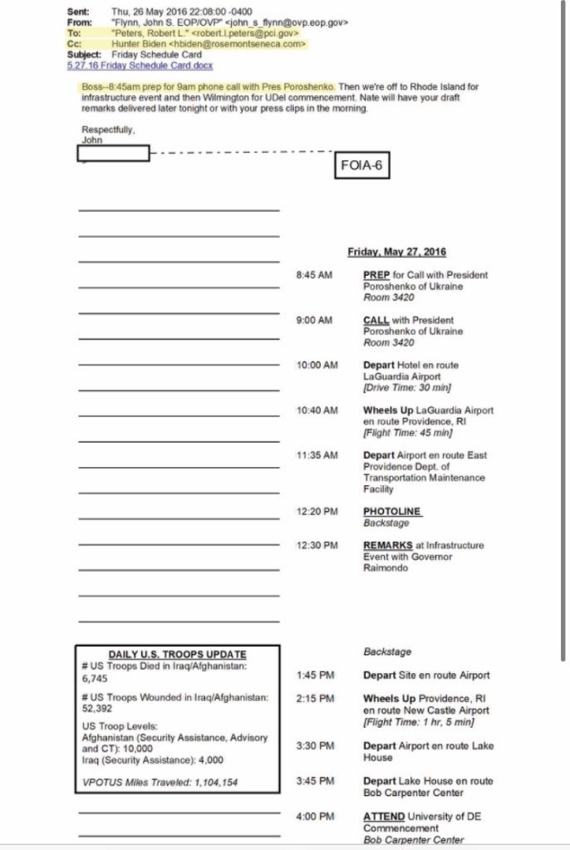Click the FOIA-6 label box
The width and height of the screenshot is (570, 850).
tap(361, 165)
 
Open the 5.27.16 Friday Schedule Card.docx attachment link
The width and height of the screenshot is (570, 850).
tap(140, 65)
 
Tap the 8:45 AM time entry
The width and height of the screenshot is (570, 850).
tap(313, 275)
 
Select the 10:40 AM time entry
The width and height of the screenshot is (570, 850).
tap(317, 410)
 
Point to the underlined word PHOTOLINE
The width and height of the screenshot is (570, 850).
tap(391, 512)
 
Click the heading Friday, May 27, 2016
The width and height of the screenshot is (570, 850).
tap(396, 252)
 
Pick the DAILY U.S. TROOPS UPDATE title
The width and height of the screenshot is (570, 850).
tap(177, 655)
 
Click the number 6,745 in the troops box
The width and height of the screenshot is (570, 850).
tap(95, 679)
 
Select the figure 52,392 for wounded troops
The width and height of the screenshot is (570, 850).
tap(97, 709)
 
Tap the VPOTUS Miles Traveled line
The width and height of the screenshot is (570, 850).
tap(160, 782)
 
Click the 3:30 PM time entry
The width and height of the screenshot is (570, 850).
tap(315, 746)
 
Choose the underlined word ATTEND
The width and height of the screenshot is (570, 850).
tap(384, 817)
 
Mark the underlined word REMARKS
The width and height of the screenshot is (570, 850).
tap(387, 546)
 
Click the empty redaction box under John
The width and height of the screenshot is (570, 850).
tap(113, 153)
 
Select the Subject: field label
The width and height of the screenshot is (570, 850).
tap(84, 55)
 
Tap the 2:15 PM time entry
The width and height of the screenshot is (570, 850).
tap(315, 699)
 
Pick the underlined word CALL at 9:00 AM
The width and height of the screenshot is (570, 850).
tap(376, 320)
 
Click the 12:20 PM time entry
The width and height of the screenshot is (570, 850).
tap(317, 512)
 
